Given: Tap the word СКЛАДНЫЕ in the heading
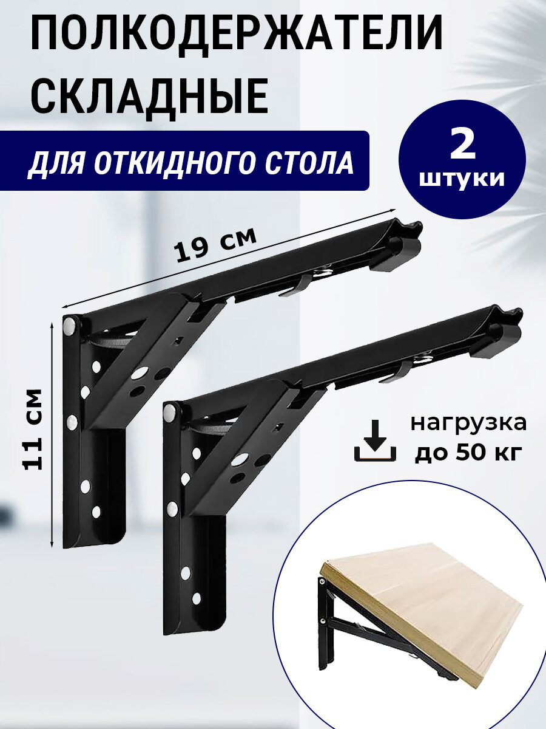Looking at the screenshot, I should (x=149, y=97).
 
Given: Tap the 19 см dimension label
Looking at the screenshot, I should (x=215, y=242).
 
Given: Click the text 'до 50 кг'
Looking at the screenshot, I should (x=468, y=453).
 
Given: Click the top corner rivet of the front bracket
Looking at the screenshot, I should (x=171, y=414).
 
